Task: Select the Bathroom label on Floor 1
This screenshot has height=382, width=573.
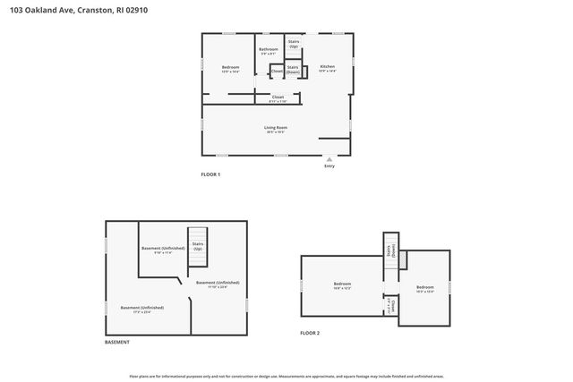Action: pos(268,50)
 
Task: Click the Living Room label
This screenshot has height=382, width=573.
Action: pos(275,129)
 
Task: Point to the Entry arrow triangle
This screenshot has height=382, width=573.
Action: pos(329,158)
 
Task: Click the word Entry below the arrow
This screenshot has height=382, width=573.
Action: pos(329,166)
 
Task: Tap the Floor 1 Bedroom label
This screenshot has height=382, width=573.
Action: pos(230,68)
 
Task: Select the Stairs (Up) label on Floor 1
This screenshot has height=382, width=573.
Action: pos(294,43)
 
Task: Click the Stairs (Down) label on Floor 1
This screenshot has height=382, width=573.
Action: pos(293,69)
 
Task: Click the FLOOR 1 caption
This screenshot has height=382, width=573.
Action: pos(210,174)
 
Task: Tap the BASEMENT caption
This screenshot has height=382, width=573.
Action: pos(117,342)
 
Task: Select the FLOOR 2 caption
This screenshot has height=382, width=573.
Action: pos(310,333)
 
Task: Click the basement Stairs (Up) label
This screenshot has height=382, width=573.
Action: pos(198,245)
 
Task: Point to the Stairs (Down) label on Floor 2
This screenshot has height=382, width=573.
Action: pos(389,254)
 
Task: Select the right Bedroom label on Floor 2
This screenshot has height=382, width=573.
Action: pos(425,288)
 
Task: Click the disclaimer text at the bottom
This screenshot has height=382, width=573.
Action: pos(286,377)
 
